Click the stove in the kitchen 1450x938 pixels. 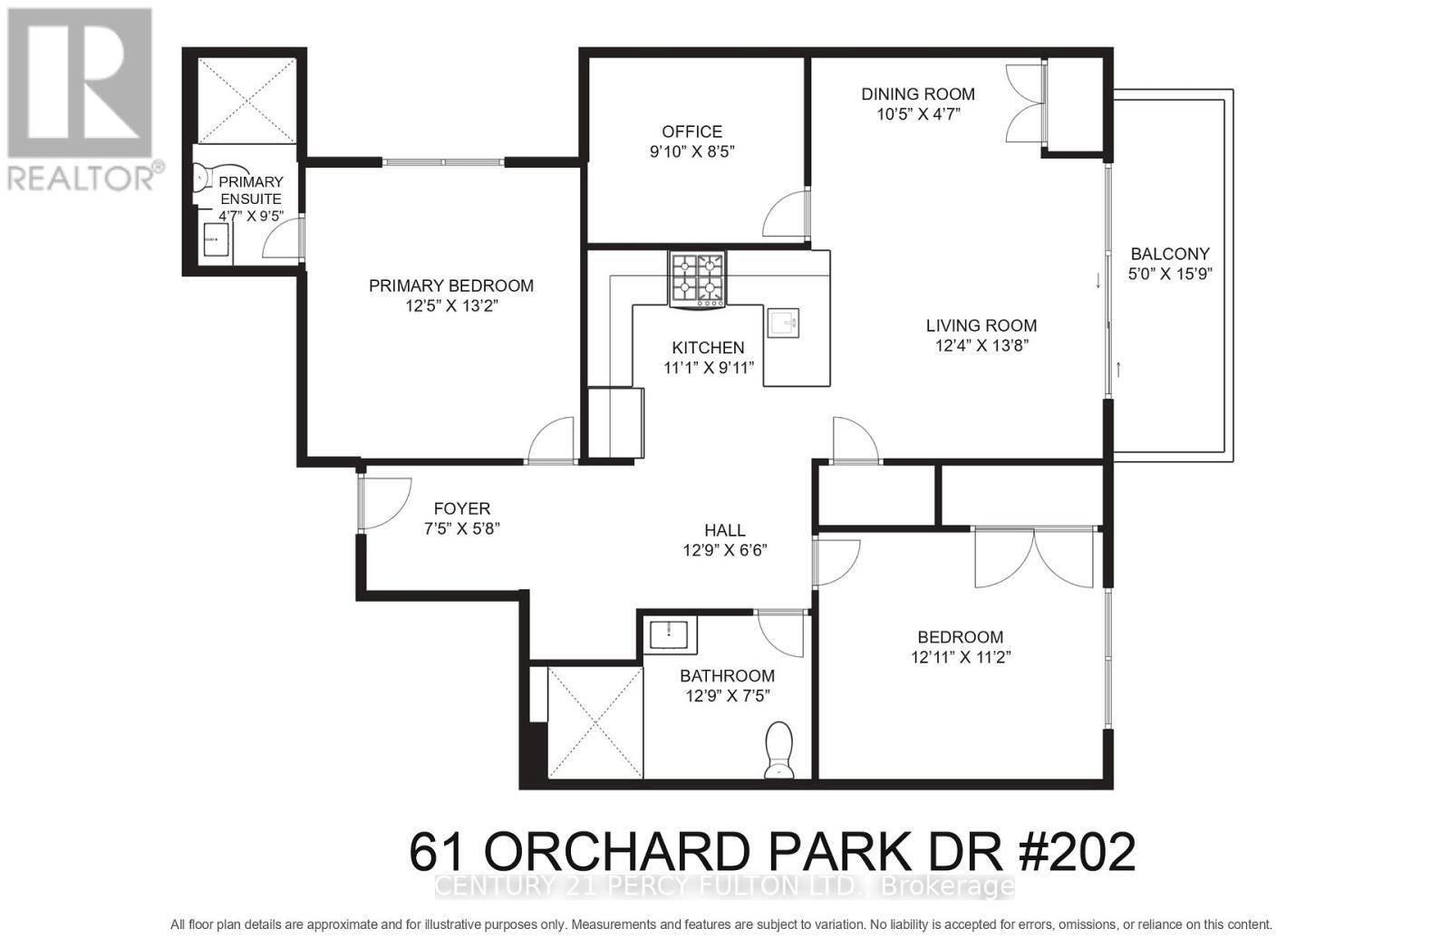tap(697, 278)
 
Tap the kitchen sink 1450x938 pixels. tap(783, 323)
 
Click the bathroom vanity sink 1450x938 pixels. tap(672, 633)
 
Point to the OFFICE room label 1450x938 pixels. tap(691, 132)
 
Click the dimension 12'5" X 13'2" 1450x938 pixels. tap(451, 306)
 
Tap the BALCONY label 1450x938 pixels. tap(1170, 254)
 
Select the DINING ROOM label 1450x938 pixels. tap(917, 94)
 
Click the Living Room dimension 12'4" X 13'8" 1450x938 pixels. tap(981, 345)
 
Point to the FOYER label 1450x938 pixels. tap(461, 509)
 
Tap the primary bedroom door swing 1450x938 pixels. tap(552, 440)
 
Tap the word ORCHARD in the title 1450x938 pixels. tap(616, 851)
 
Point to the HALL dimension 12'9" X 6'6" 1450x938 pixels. tap(725, 550)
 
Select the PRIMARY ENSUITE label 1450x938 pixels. tap(251, 190)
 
